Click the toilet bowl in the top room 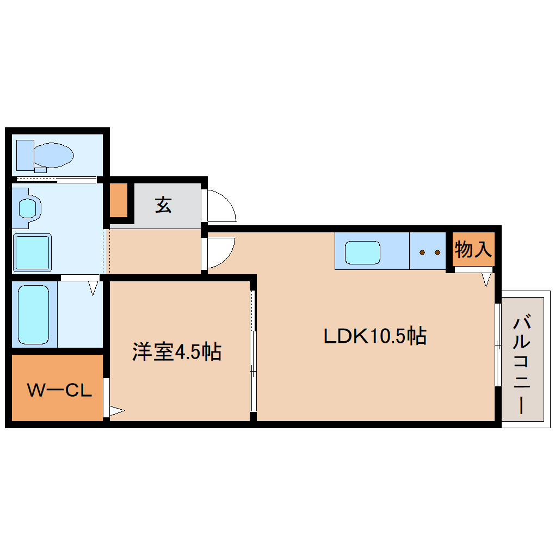tap(53, 155)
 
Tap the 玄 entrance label tap(163, 205)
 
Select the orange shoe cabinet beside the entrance tap(119, 200)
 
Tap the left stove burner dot tap(421, 252)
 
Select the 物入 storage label tap(473, 250)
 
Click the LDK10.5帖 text tap(374, 336)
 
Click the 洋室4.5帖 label tap(176, 352)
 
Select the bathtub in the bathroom tap(34, 314)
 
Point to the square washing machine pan tap(32, 252)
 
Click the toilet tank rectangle tap(25, 155)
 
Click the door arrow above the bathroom tap(94, 287)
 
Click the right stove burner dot tap(437, 252)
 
